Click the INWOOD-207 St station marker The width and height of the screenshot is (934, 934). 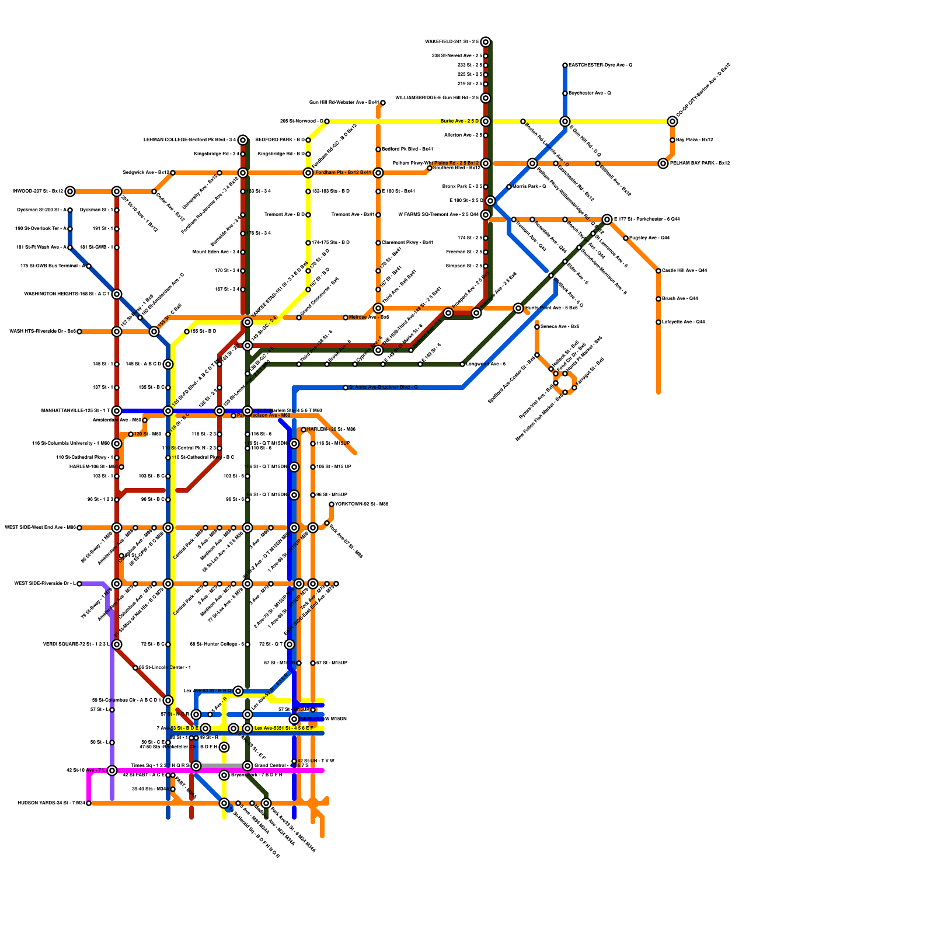coord(70,191)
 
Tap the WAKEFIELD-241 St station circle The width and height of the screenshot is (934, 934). coord(486,42)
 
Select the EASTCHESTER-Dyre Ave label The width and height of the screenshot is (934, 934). coord(600,65)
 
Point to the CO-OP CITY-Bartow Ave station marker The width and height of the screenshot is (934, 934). coord(672,121)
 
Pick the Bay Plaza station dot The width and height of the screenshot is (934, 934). coord(672,140)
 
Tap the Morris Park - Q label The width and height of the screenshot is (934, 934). coord(529,187)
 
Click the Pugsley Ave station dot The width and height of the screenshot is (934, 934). coord(626,238)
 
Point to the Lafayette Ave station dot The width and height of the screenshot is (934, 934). coord(658,322)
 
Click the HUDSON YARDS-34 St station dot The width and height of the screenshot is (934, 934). coord(89,803)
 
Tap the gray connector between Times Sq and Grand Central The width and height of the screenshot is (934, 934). coord(222,766)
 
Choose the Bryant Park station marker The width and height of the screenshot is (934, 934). coord(224,775)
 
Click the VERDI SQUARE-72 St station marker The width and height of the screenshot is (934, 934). coord(117,644)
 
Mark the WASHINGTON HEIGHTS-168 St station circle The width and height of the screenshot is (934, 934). coord(117,294)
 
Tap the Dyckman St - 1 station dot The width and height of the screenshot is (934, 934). coord(117,210)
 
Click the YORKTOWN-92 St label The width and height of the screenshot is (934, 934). coord(361,504)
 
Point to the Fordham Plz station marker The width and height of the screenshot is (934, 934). coord(378,173)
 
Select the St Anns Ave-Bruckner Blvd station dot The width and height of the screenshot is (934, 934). coord(346,388)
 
